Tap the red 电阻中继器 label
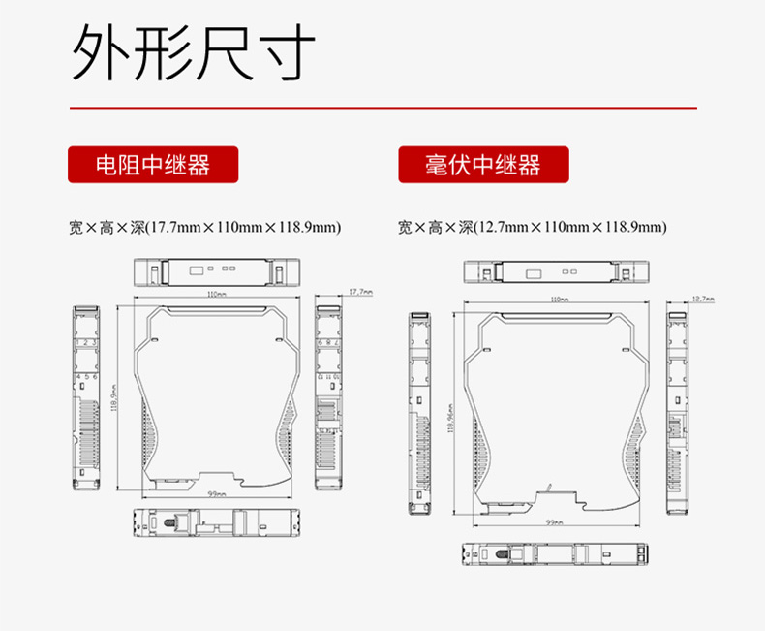pyautogui.click(x=153, y=165)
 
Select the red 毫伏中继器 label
pyautogui.click(x=483, y=165)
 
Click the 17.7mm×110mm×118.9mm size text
pyautogui.click(x=206, y=228)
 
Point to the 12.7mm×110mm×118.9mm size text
pyautogui.click(x=533, y=228)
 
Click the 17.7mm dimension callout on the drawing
pyautogui.click(x=359, y=291)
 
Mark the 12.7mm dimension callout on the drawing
pyautogui.click(x=703, y=300)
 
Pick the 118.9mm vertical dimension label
pyautogui.click(x=115, y=395)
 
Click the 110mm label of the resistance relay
pyautogui.click(x=216, y=294)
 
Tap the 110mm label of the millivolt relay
pyautogui.click(x=559, y=300)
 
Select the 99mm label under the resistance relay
pyautogui.click(x=216, y=494)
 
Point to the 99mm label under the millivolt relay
pyautogui.click(x=554, y=522)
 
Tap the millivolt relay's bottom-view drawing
pyautogui.click(x=553, y=555)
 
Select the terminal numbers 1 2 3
pyautogui.click(x=87, y=343)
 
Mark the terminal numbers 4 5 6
pyautogui.click(x=87, y=376)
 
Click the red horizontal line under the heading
pyautogui.click(x=382, y=108)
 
